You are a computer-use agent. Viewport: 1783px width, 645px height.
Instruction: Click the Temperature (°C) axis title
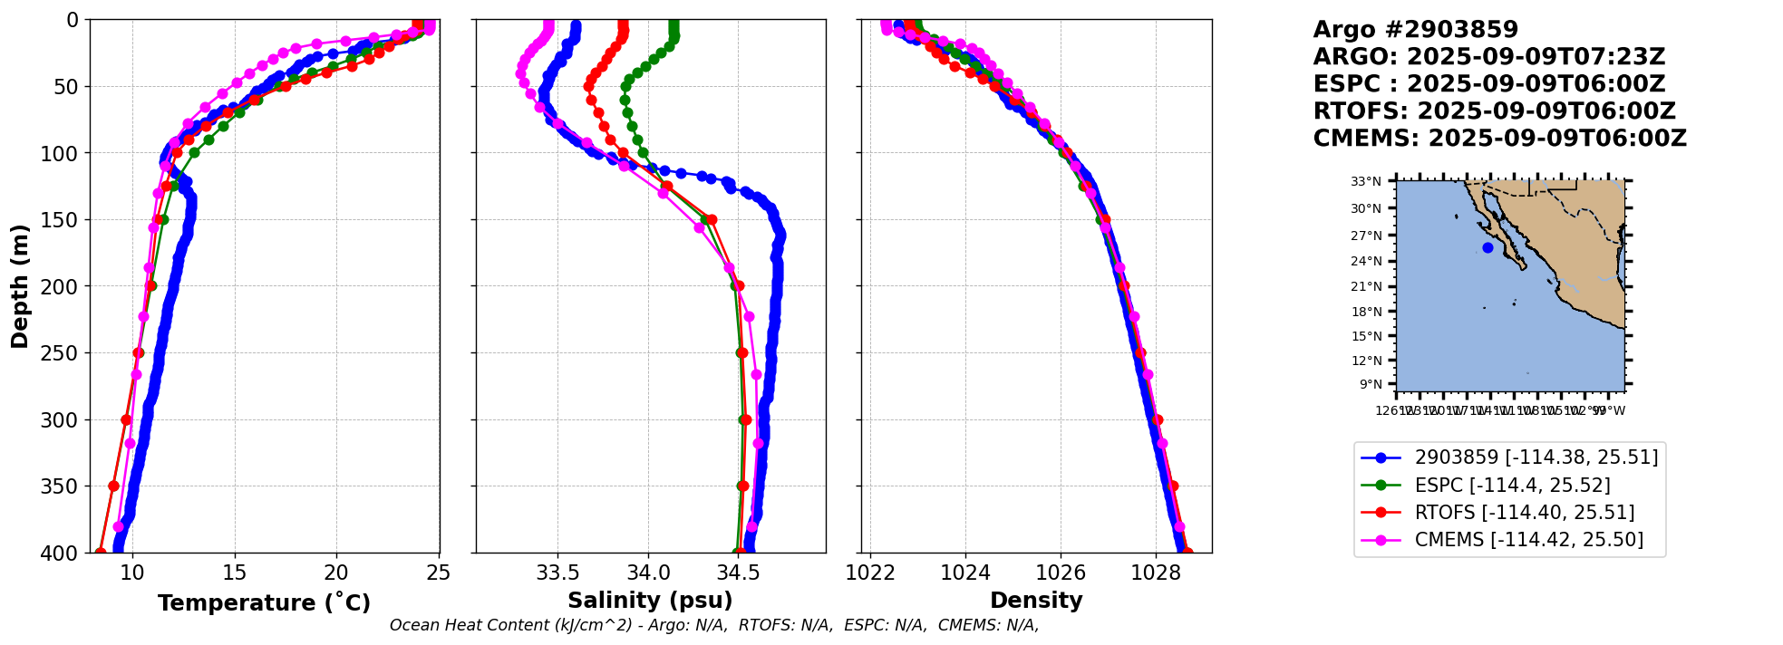(264, 603)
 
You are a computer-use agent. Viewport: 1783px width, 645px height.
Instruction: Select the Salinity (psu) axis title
(650, 601)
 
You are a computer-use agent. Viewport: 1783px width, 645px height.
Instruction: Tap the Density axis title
(1036, 601)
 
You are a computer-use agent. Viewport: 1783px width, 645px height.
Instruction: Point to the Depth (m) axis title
(20, 286)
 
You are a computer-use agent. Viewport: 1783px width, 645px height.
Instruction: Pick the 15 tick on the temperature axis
(235, 573)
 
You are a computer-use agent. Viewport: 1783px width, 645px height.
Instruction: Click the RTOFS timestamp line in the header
(1494, 111)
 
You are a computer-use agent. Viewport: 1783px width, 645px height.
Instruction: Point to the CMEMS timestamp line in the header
(1499, 139)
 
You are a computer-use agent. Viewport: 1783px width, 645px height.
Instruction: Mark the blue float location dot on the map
(1487, 247)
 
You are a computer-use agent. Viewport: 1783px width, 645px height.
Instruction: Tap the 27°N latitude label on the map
(1366, 236)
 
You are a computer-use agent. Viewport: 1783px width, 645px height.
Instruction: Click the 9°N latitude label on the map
(1370, 384)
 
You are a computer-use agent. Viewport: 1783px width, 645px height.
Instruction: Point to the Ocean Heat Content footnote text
(713, 625)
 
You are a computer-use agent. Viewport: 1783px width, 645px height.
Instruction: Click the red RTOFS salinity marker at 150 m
(712, 220)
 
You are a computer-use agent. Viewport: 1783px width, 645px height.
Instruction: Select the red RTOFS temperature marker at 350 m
(113, 486)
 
